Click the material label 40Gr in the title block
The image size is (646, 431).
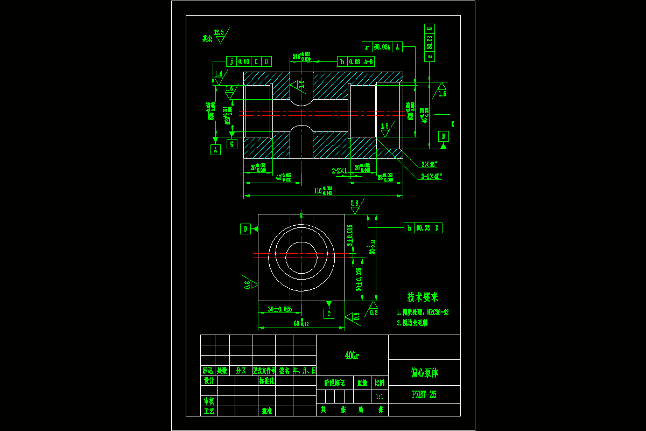352,356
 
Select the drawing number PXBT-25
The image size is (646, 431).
424,395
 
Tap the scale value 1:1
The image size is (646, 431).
380,397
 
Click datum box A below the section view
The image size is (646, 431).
216,150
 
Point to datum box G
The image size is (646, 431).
232,144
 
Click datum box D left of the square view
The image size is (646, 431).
245,229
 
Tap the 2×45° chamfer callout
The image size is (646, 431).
429,164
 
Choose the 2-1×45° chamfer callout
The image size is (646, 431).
431,176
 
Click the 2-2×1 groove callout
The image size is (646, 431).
340,170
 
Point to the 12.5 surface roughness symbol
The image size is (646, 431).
220,34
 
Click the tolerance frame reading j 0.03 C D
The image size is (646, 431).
249,61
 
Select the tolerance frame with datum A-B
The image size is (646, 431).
356,61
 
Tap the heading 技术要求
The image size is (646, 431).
423,297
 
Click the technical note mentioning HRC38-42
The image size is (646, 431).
423,312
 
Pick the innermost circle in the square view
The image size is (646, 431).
301,257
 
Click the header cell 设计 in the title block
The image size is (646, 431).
209,381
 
